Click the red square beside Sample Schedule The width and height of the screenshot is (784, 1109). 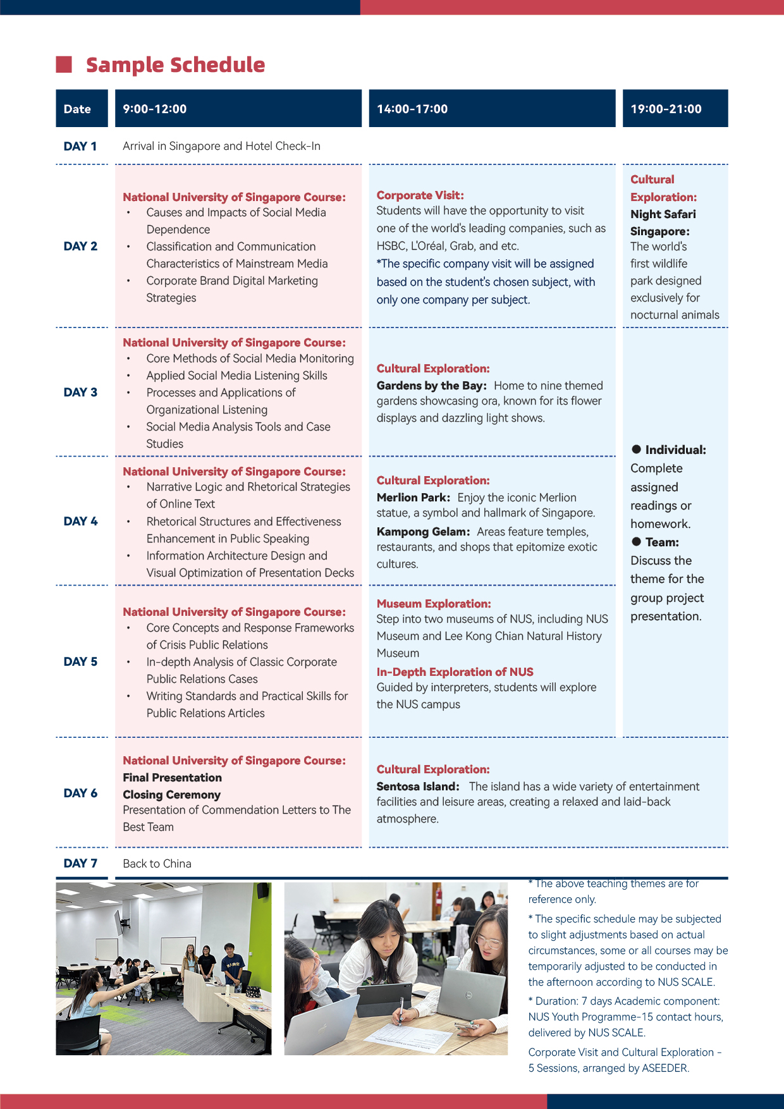pos(64,64)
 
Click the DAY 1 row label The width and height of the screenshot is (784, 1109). pos(80,146)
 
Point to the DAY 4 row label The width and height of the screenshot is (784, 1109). pos(80,521)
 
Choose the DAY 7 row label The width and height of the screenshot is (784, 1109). pos(80,863)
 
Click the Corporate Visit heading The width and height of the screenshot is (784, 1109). pos(420,195)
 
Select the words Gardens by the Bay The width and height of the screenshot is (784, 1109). pos(431,386)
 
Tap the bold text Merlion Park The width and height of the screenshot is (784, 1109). pos(413,498)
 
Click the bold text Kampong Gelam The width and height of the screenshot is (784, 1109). pos(423,532)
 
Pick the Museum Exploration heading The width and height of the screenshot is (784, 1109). pos(433,604)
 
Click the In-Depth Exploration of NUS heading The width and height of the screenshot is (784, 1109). pos(455,671)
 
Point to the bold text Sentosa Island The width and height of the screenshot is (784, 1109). pos(417,787)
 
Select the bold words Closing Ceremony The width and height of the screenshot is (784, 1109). pos(171,795)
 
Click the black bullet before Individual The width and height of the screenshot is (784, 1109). pos(636,450)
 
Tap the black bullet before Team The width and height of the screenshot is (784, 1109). pos(636,542)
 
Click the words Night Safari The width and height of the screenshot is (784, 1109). pos(663,214)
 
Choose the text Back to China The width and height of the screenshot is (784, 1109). pos(157,864)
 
